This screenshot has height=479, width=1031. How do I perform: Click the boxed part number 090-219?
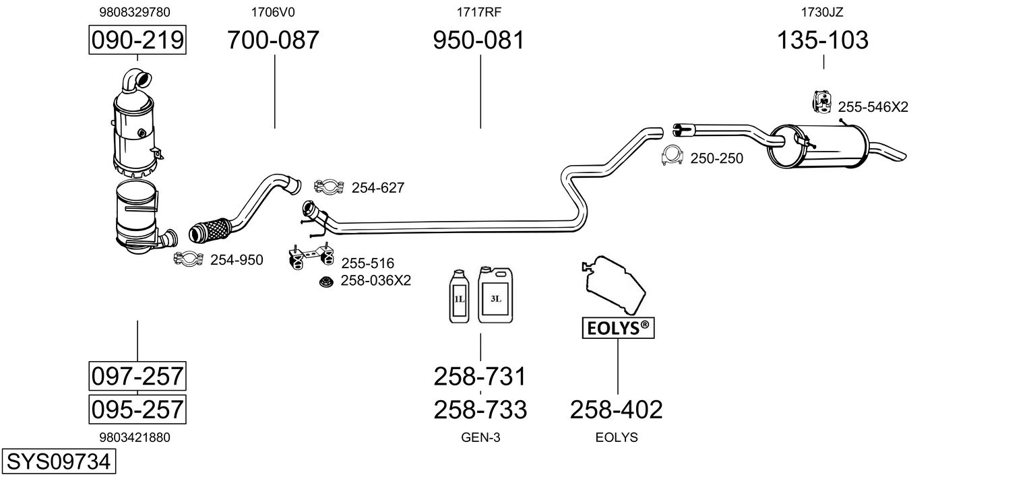tap(137, 40)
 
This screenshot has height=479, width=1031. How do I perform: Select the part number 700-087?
tap(274, 40)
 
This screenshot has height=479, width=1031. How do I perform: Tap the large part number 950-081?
tap(478, 40)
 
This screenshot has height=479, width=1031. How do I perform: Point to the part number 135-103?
tap(823, 40)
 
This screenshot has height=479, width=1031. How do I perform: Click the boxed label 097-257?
tap(137, 377)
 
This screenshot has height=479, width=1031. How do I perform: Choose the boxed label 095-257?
tap(137, 410)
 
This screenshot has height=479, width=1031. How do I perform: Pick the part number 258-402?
tap(617, 410)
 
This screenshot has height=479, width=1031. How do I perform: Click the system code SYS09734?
tap(59, 461)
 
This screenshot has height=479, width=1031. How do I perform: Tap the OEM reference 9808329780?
tap(135, 12)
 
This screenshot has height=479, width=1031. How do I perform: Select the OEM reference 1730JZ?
tap(822, 12)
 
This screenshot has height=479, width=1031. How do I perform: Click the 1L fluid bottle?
tap(460, 296)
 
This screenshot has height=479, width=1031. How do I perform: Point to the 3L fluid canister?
tap(495, 294)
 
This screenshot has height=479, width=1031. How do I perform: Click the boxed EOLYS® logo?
tap(618, 328)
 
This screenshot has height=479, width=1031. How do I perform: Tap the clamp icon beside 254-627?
tap(329, 187)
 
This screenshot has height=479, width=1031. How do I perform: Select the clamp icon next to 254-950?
tap(188, 259)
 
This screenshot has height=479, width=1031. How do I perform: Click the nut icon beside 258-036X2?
tap(326, 282)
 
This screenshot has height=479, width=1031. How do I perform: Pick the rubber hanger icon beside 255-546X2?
tap(821, 102)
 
